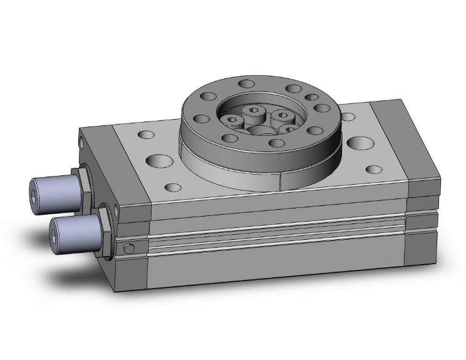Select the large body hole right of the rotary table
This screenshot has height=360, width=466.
coord(360,143)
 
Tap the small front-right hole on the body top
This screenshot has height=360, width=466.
coord(374,169)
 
